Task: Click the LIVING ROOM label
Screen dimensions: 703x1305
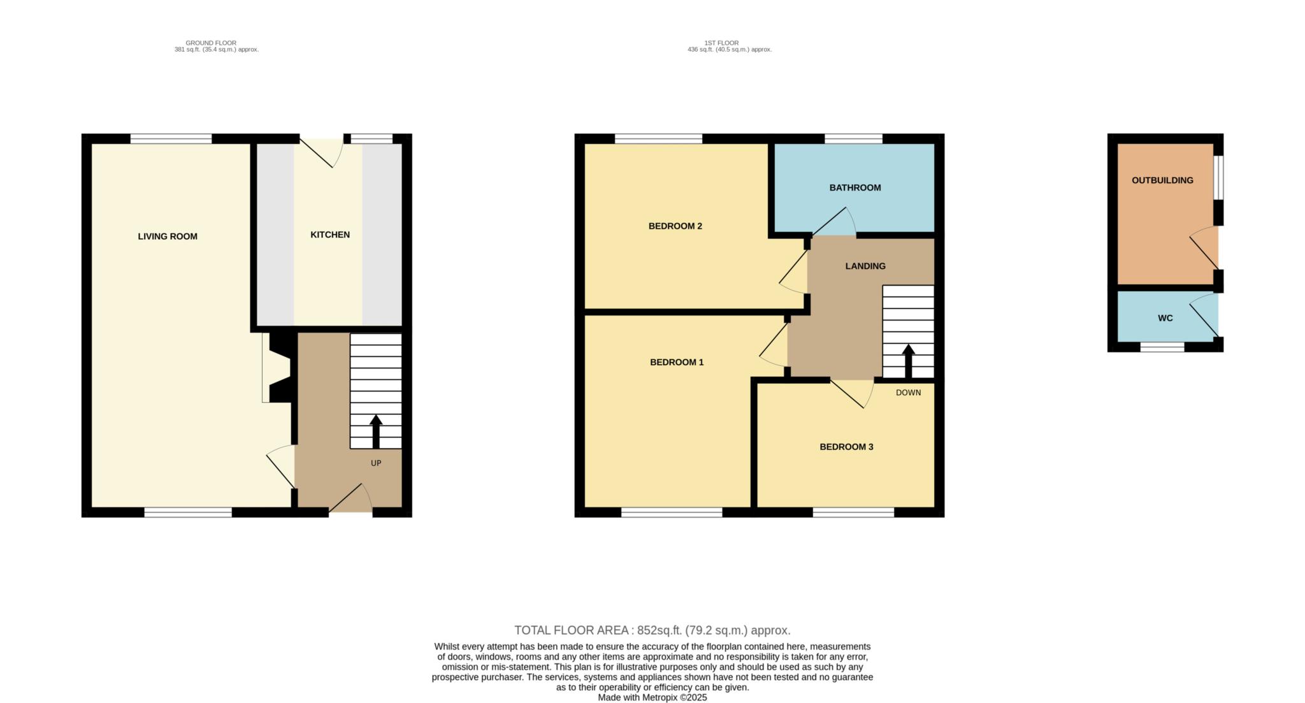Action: pyautogui.click(x=168, y=236)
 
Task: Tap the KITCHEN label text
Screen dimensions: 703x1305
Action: pyautogui.click(x=329, y=235)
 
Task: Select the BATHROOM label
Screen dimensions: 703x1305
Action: pyautogui.click(x=854, y=187)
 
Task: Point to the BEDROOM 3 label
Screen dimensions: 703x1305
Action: pyautogui.click(x=846, y=447)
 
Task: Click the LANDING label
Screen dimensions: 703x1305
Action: pyautogui.click(x=865, y=266)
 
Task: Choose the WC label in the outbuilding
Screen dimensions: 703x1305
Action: pyautogui.click(x=1165, y=318)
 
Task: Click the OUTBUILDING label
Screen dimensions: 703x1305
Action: pyautogui.click(x=1162, y=180)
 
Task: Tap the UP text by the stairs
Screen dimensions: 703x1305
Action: pyautogui.click(x=376, y=463)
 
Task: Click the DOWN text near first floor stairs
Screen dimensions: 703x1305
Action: pyautogui.click(x=908, y=393)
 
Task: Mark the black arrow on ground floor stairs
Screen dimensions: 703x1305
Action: pyautogui.click(x=376, y=431)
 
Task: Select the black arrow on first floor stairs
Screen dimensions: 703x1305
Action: pyautogui.click(x=908, y=361)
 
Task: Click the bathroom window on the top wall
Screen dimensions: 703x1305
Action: pyautogui.click(x=853, y=138)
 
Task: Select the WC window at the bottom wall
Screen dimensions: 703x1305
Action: pyautogui.click(x=1162, y=347)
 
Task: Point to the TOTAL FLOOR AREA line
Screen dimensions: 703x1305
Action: pyautogui.click(x=652, y=630)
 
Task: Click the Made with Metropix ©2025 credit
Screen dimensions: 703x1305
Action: pyautogui.click(x=652, y=697)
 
